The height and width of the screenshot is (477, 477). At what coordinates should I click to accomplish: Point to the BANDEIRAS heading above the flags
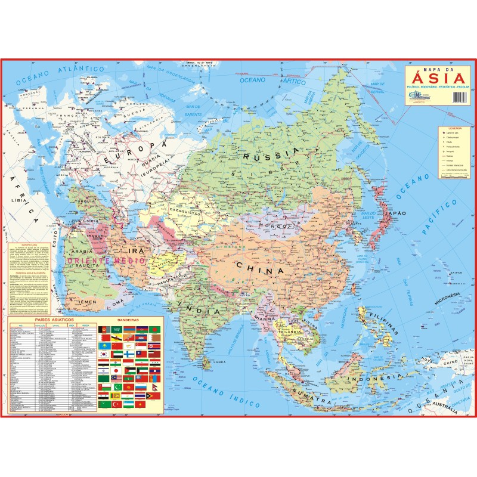128,320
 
